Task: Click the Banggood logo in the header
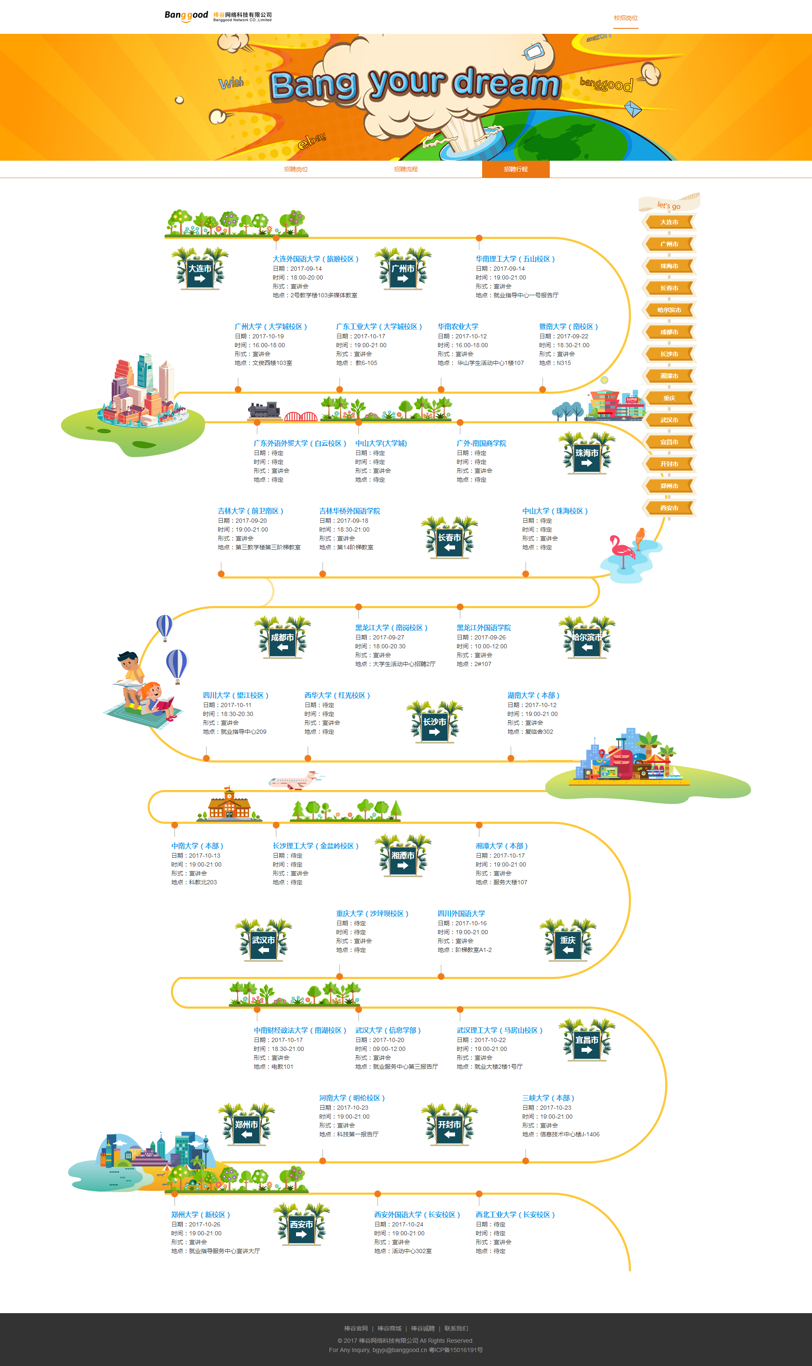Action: click(x=187, y=16)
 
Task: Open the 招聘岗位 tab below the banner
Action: click(x=296, y=170)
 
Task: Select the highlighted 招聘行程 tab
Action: click(x=516, y=170)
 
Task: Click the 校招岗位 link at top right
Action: click(x=625, y=18)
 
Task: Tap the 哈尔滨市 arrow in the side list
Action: click(x=669, y=310)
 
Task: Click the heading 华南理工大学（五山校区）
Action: click(x=515, y=259)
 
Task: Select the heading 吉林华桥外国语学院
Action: click(x=350, y=511)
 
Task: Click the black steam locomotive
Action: click(x=264, y=410)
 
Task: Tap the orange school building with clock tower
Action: click(x=229, y=805)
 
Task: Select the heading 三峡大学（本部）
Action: click(x=548, y=1098)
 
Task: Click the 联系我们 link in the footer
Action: click(x=456, y=1328)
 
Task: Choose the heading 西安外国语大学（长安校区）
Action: click(x=417, y=1215)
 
